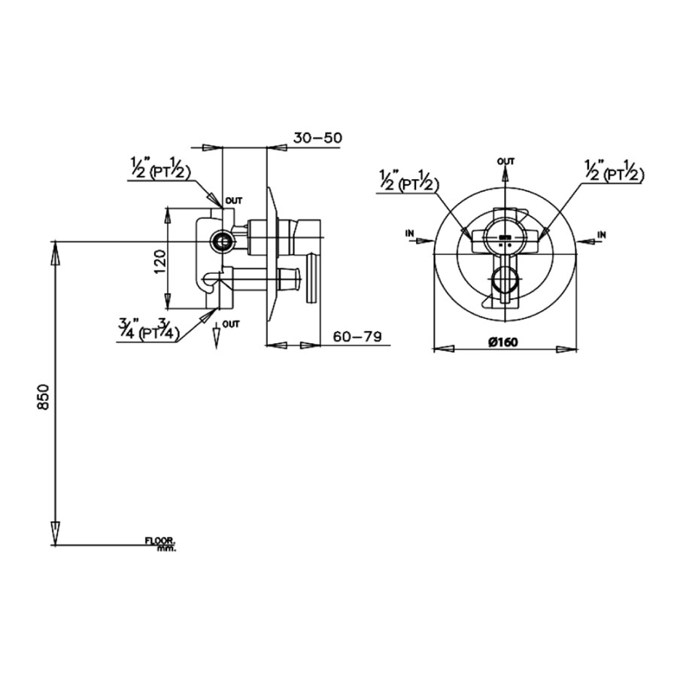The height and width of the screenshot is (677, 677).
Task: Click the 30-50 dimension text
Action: coord(317,138)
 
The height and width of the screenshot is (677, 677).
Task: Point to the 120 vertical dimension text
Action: coord(158,261)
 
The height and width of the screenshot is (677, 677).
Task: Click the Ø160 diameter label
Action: coord(503,342)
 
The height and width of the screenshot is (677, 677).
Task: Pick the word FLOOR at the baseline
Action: coord(159,541)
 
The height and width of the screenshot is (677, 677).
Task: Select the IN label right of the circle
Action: coord(601,235)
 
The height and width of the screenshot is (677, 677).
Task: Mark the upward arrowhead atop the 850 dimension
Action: coord(55,252)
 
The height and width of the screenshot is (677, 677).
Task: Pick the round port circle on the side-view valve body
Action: coord(221,241)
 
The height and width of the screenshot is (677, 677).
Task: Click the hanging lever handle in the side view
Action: coord(311,278)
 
